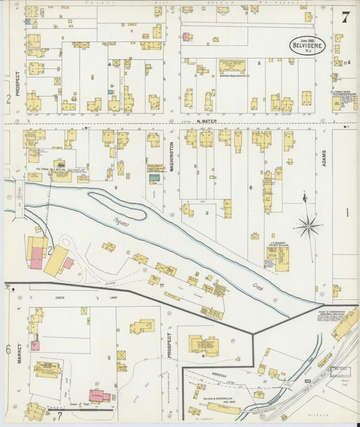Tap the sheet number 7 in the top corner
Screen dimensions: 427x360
345,18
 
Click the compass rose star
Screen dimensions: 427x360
308,225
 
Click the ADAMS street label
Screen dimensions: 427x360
324,158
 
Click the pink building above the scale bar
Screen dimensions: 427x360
99,396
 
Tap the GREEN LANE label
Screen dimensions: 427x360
69,297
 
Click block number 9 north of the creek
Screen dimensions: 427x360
116,187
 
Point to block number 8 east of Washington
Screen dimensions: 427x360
251,187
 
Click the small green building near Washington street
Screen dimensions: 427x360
155,178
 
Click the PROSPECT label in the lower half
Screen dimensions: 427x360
170,345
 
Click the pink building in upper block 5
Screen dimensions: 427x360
187,36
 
